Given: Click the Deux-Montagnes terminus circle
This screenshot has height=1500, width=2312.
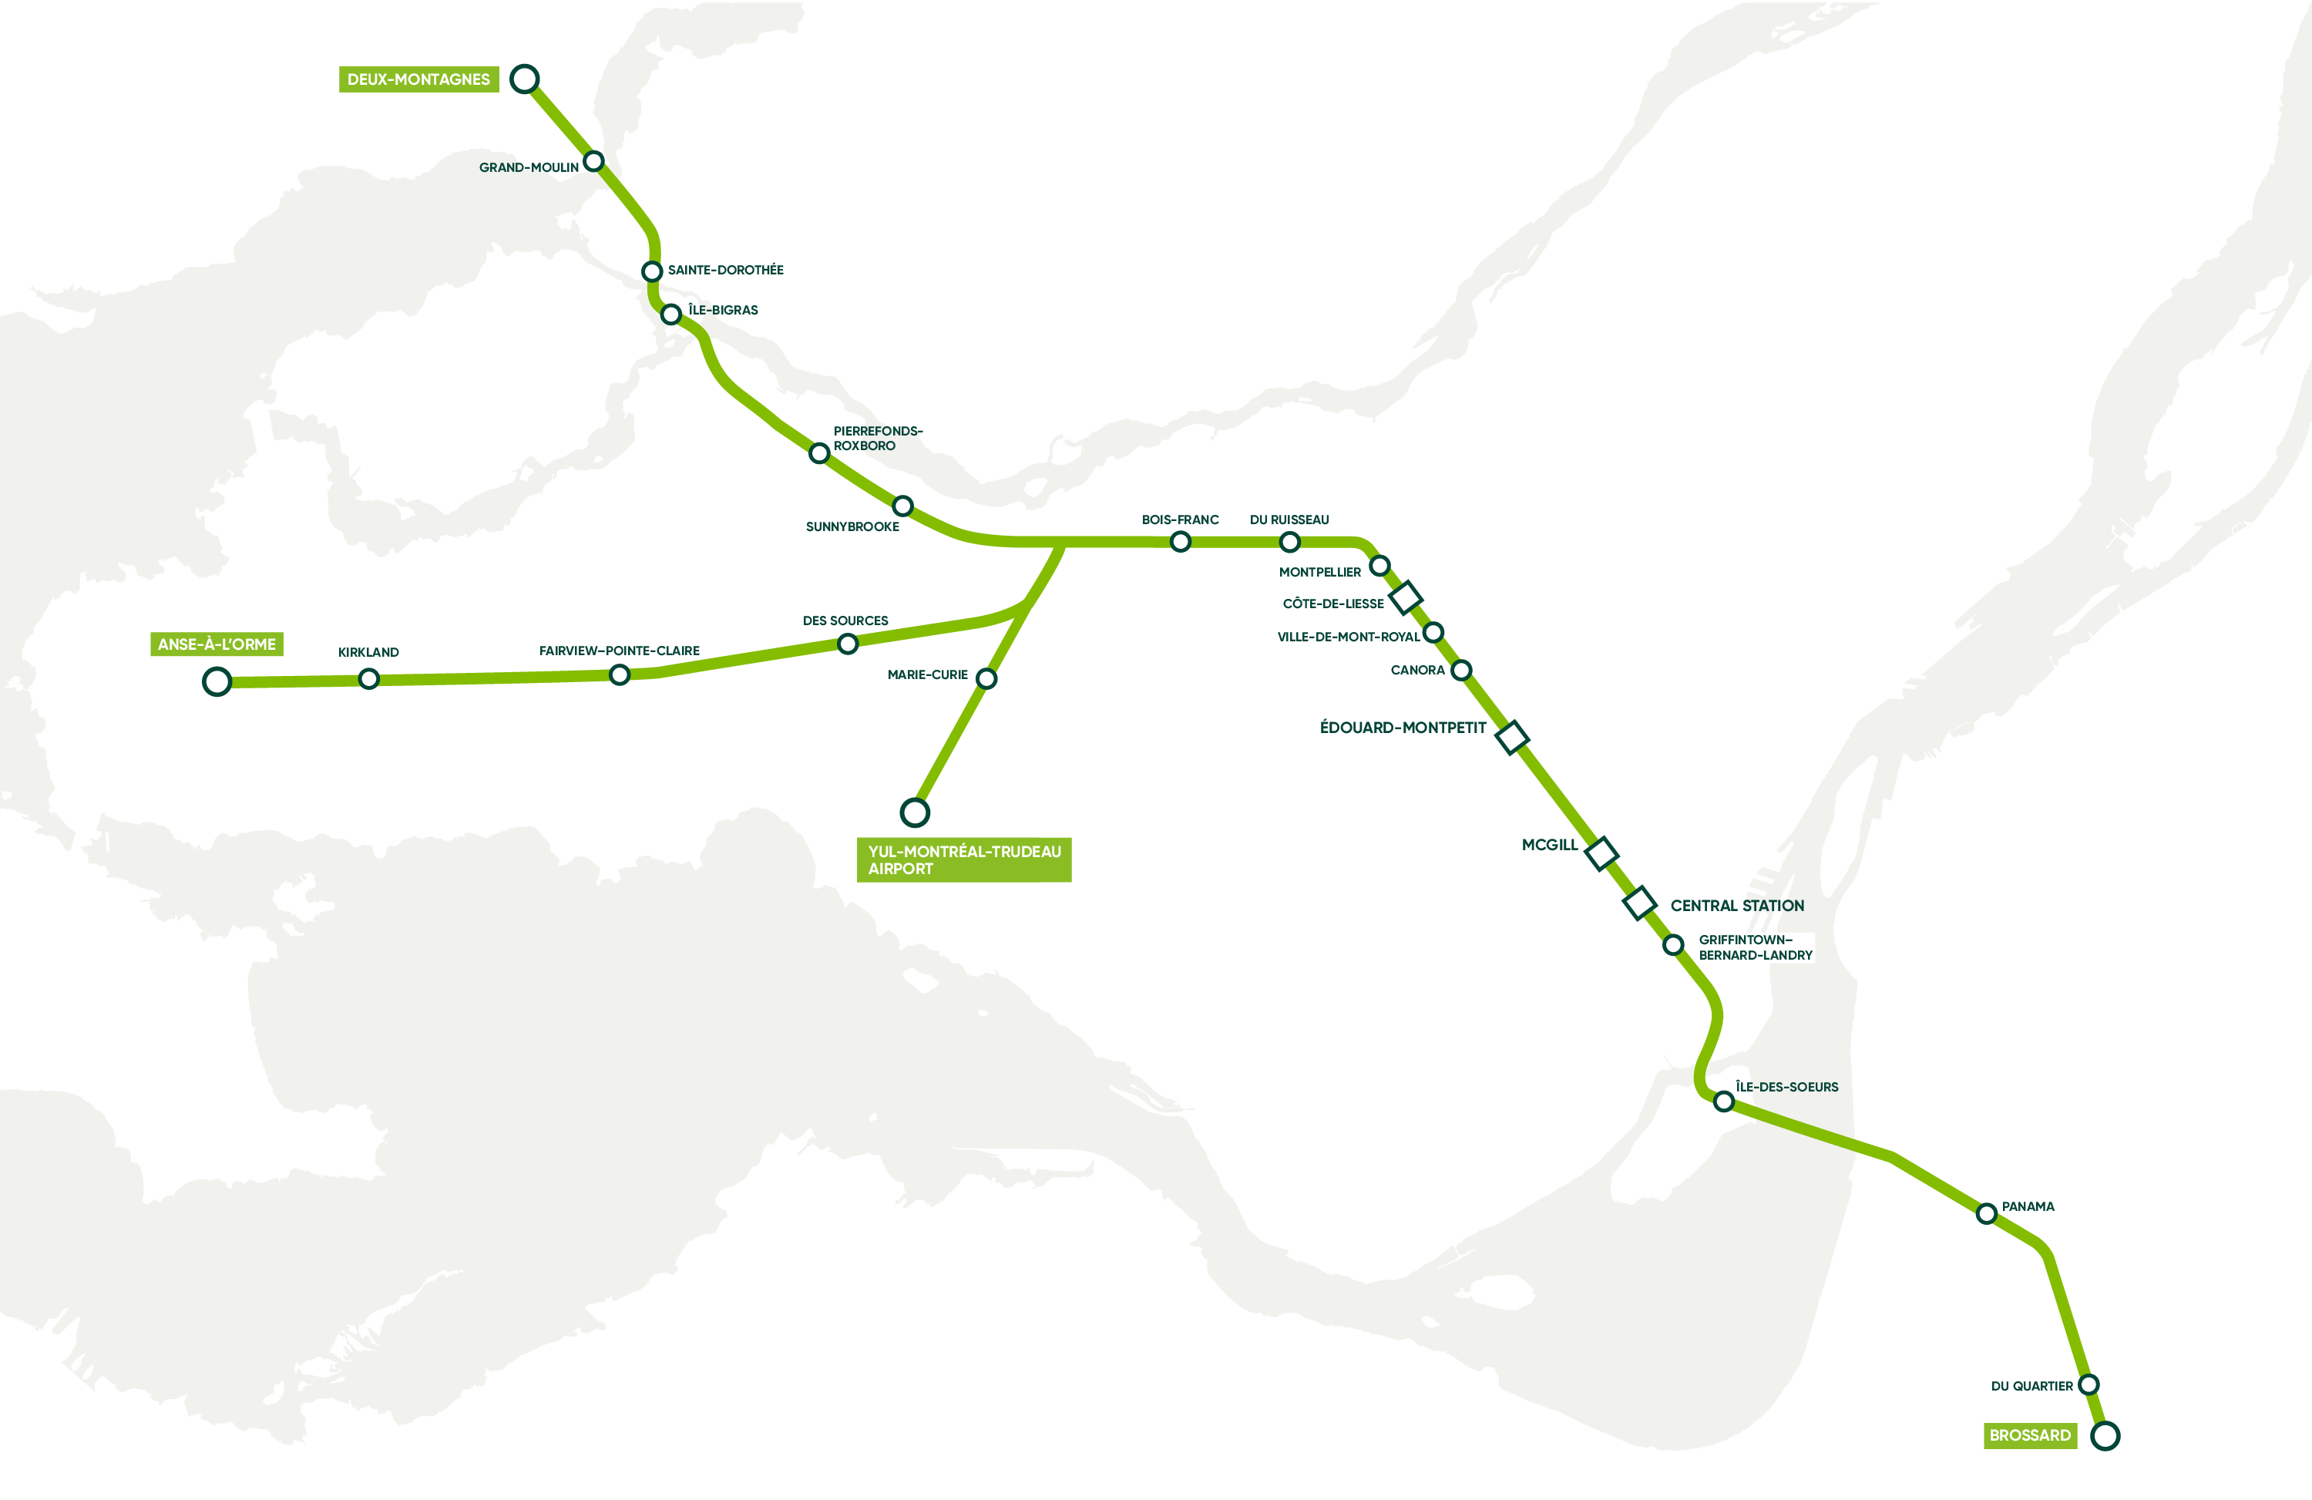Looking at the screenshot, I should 525,79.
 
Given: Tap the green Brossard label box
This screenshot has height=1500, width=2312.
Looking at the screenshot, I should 2029,1435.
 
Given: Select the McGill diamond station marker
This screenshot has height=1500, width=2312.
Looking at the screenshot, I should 1601,853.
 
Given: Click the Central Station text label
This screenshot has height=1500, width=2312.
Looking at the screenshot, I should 1737,906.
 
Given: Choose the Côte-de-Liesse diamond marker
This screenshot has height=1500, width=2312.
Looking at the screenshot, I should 1406,597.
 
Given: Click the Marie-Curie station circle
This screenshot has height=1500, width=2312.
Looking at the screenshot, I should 986,678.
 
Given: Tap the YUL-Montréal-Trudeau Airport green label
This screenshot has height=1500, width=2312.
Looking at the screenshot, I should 963,859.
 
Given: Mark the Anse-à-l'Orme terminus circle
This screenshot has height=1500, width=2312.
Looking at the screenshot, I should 217,682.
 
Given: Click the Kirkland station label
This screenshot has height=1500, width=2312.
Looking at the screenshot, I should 368,652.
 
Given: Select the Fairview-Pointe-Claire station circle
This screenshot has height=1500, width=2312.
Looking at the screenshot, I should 619,674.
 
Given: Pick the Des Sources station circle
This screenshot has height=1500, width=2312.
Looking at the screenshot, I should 847,643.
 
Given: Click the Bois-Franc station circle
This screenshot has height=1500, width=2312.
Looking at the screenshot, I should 1181,541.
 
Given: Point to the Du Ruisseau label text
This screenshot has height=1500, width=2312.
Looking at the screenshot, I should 1289,520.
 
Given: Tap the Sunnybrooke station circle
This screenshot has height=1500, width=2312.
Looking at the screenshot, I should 902,505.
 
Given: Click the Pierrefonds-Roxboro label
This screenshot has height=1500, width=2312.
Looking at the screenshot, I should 876,438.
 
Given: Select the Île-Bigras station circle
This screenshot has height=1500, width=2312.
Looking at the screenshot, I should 670,314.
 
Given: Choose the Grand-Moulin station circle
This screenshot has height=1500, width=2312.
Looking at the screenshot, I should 593,160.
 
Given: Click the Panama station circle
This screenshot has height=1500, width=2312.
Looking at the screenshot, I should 1987,1213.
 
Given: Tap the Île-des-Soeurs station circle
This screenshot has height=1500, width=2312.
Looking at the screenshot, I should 1723,1101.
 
